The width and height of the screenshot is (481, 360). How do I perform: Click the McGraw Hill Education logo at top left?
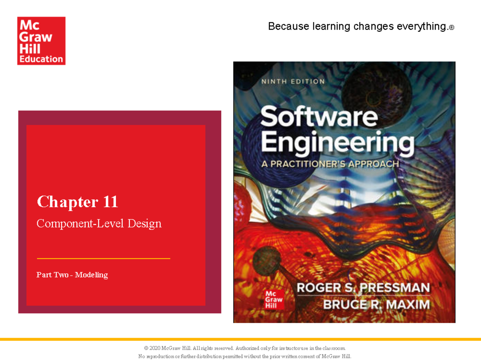[41, 40]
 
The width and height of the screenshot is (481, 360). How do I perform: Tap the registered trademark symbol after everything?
[452, 28]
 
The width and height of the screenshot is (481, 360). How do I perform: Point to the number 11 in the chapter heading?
[110, 202]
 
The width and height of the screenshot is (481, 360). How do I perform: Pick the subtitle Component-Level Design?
[99, 223]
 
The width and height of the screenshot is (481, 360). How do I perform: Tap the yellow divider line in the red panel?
[103, 259]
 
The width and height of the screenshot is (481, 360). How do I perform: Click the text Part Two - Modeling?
[72, 275]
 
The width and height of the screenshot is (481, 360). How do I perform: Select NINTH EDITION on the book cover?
[293, 82]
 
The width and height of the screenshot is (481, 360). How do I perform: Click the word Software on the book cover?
[319, 117]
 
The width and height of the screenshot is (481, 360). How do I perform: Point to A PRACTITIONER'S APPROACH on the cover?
[330, 164]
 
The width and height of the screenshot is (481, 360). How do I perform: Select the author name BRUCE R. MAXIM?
[376, 304]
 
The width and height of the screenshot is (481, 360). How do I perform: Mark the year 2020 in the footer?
[154, 348]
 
